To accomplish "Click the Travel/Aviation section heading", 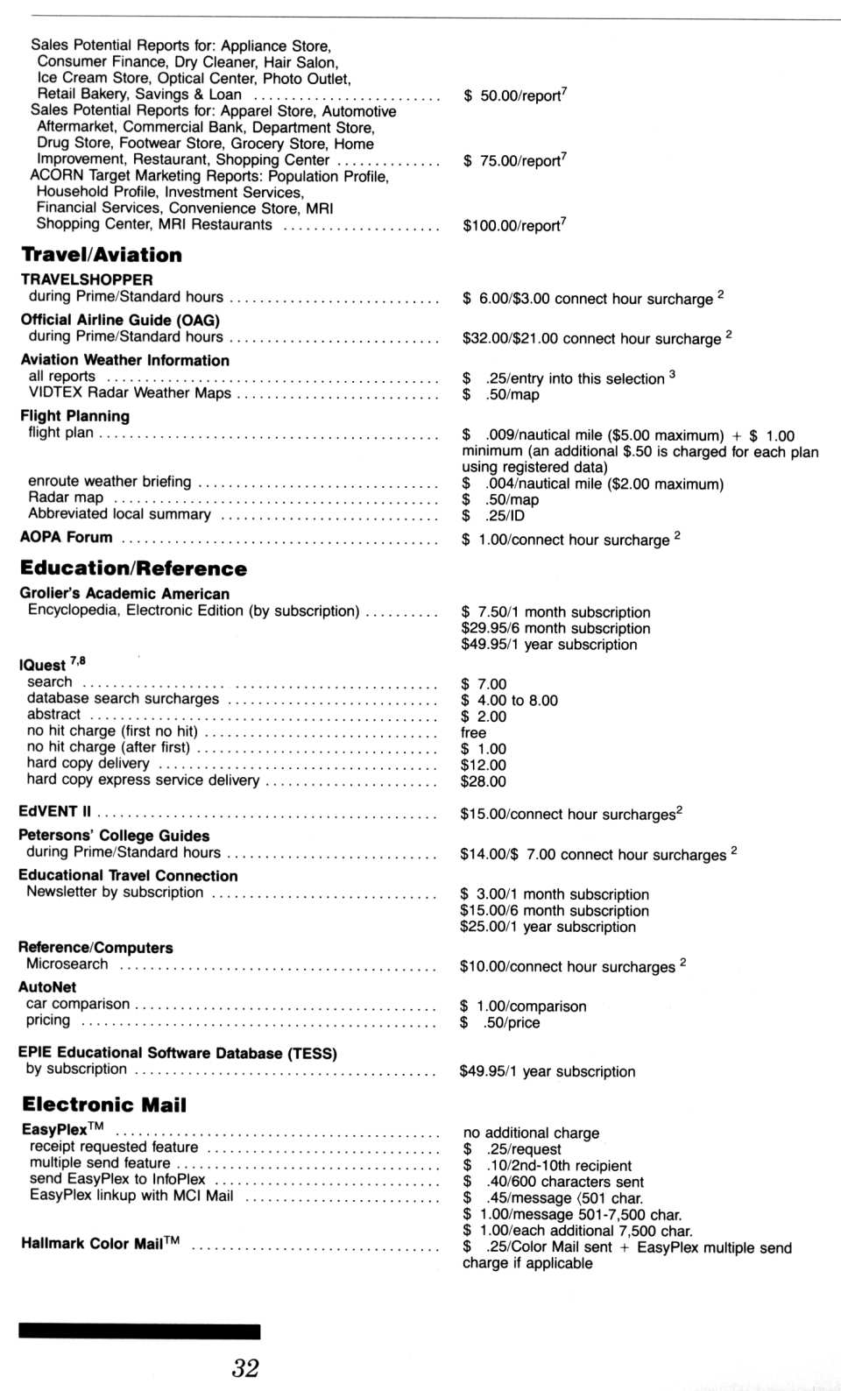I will click(102, 255).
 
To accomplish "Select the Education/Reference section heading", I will click(133, 568).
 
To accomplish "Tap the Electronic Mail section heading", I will click(104, 1105).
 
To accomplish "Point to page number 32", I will click(246, 1367).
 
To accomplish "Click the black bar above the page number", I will click(139, 1331).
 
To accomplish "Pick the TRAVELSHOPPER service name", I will click(87, 279).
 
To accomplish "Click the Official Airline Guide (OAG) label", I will click(120, 320).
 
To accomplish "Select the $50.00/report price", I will click(514, 95).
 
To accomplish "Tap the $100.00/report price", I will click(514, 225).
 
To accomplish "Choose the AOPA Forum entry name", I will click(67, 537).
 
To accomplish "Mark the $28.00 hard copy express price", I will click(484, 781).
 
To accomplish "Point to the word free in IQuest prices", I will click(473, 732).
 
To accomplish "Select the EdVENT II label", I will click(54, 811).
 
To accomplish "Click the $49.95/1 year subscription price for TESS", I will click(548, 1071).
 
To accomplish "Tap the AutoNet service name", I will click(47, 987).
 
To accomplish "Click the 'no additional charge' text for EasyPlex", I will click(531, 1133).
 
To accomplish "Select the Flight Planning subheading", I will click(75, 416).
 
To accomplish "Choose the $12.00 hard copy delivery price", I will click(484, 765).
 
